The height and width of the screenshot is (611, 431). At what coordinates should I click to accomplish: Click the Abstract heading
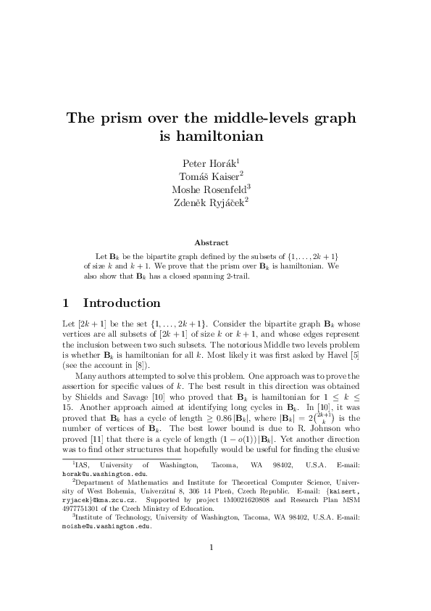tap(212, 242)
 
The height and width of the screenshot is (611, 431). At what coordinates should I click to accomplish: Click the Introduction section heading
tap(121, 303)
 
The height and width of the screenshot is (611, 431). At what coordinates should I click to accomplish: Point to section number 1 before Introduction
tap(66, 303)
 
